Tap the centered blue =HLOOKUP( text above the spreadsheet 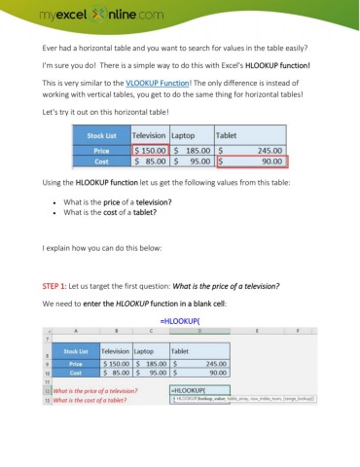click(x=179, y=318)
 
